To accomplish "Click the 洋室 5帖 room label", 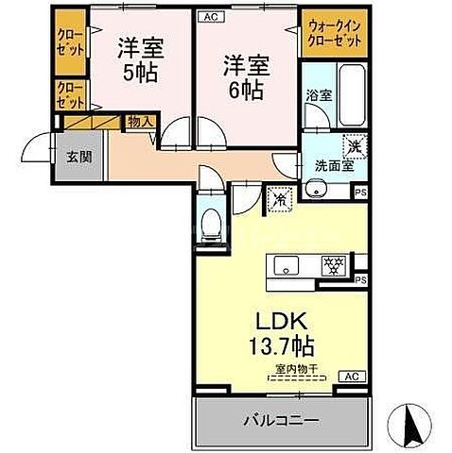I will pos(139,58).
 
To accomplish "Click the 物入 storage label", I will pos(141,122).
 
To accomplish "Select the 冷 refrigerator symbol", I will pos(280,199).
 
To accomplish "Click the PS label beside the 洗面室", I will pos(360,193).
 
